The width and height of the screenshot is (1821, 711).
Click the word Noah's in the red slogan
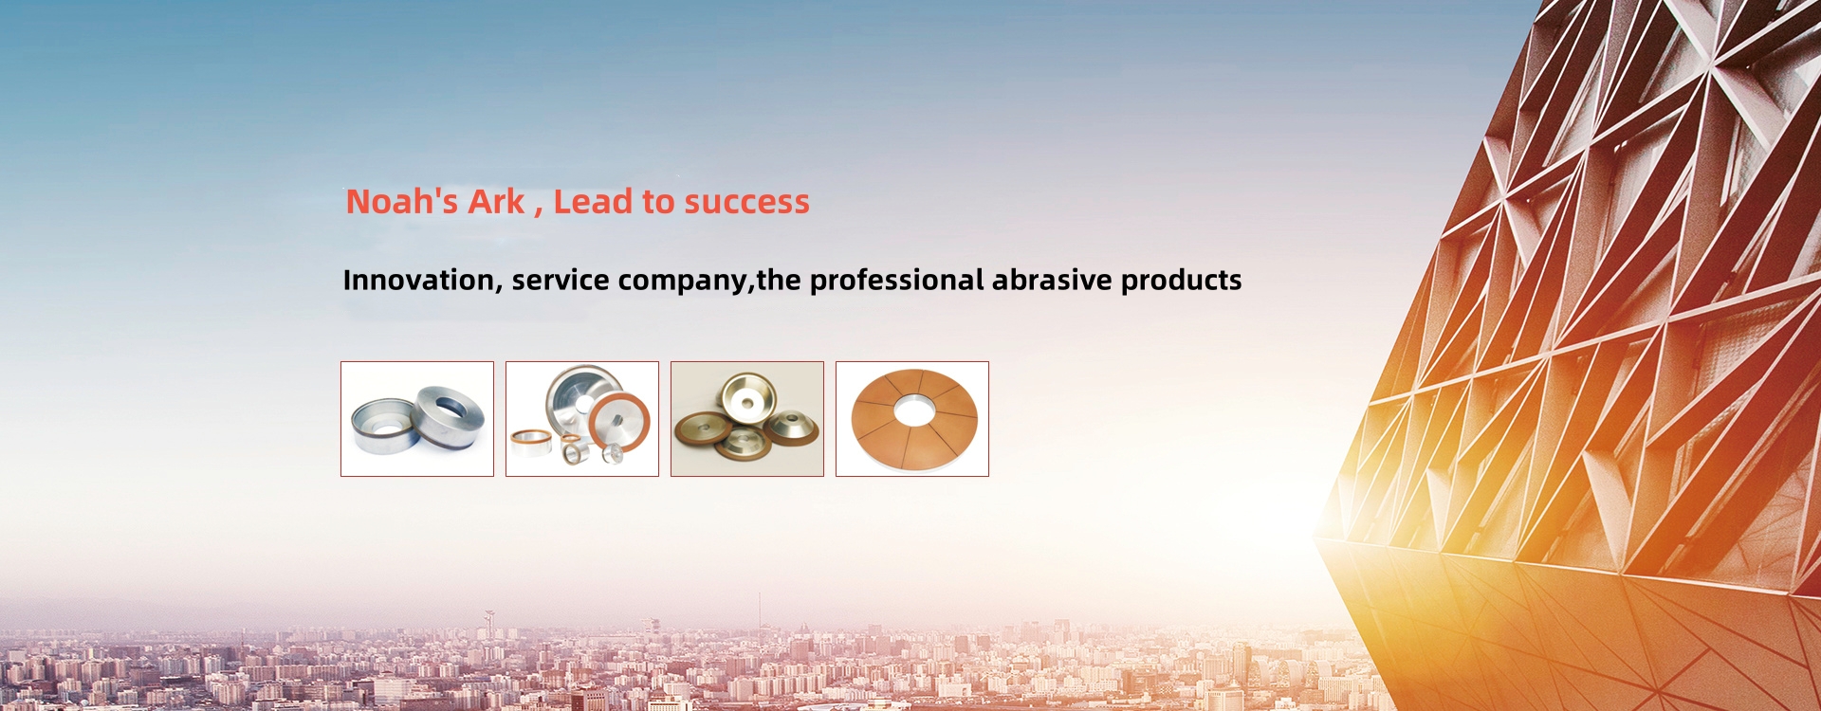click(x=402, y=201)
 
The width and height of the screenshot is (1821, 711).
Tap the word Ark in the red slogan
click(x=496, y=201)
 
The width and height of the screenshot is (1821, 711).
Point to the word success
click(x=746, y=202)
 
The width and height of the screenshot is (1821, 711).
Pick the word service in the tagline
click(x=561, y=281)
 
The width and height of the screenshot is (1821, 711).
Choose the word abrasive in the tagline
click(x=1052, y=281)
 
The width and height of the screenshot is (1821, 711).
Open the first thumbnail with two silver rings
click(x=417, y=419)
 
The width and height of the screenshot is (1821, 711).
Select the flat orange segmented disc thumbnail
click(x=912, y=419)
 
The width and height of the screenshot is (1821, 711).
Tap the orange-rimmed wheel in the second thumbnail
click(x=618, y=422)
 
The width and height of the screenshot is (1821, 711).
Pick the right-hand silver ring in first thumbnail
click(x=448, y=413)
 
